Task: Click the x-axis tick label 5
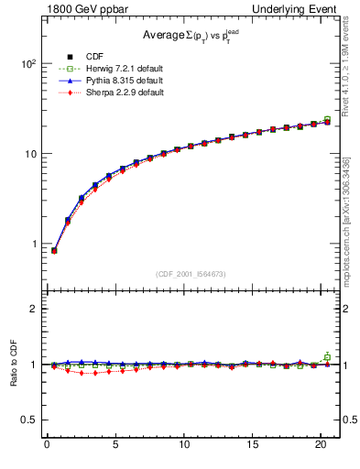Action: click(115, 446)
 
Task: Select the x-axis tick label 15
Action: click(252, 446)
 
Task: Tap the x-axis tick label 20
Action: click(321, 446)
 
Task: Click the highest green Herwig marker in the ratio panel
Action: click(327, 356)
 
